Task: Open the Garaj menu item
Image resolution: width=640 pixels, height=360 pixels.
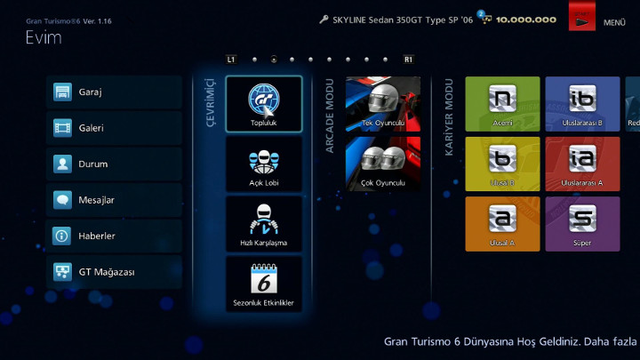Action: [x=113, y=92]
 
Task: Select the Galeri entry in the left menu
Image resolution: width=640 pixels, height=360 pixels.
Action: [x=113, y=128]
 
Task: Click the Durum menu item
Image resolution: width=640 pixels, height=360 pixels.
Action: [x=113, y=164]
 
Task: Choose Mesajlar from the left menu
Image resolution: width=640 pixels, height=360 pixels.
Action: [x=113, y=200]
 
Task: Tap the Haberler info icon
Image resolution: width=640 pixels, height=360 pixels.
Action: [x=62, y=236]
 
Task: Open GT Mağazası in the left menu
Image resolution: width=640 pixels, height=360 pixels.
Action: [x=113, y=272]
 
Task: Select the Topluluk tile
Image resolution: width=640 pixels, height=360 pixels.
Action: [x=263, y=104]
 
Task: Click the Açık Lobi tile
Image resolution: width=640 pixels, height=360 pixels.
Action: [x=263, y=164]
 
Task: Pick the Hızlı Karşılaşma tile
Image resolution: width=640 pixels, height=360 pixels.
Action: [x=263, y=224]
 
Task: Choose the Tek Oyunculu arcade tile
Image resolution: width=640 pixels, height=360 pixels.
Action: [x=383, y=103]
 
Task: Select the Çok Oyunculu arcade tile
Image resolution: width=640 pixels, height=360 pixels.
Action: [x=383, y=164]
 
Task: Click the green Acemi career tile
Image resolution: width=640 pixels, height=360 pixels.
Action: [x=502, y=104]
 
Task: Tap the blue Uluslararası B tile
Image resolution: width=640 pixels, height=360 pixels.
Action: [x=582, y=104]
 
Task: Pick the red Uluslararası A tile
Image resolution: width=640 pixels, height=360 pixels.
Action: [x=582, y=164]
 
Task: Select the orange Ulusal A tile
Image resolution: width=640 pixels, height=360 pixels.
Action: [x=502, y=224]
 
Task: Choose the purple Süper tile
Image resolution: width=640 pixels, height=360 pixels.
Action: [x=582, y=224]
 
